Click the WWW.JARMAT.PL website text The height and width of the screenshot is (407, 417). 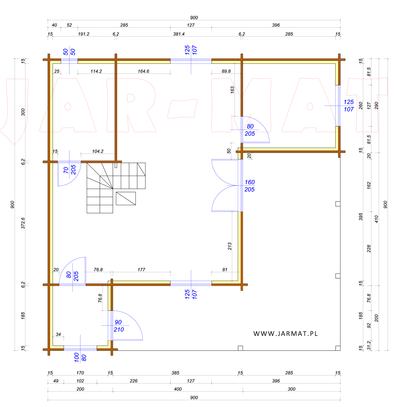[x=285, y=334]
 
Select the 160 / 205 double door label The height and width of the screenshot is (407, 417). [x=249, y=186]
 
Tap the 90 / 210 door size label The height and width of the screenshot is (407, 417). [x=118, y=326]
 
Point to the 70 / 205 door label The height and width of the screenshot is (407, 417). [x=70, y=170]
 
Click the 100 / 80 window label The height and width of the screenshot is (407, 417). [x=80, y=357]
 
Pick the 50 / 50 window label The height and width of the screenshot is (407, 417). [x=69, y=52]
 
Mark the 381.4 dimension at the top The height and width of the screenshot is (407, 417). [x=179, y=34]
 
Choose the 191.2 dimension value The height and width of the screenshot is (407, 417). [x=84, y=34]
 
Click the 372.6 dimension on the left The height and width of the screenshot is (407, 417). [x=23, y=223]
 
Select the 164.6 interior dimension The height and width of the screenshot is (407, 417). [x=143, y=71]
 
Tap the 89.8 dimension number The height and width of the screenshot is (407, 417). [x=226, y=71]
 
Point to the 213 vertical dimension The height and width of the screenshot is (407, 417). [x=229, y=246]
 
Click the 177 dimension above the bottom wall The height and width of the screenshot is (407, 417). [x=141, y=270]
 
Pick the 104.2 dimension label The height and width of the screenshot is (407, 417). [x=97, y=151]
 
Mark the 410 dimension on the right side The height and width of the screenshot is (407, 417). [x=376, y=219]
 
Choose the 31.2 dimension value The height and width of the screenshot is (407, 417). [x=369, y=345]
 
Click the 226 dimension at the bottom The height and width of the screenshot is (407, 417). [x=133, y=381]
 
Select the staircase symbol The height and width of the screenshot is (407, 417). [x=116, y=188]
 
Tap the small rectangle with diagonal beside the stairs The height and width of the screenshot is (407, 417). [x=126, y=198]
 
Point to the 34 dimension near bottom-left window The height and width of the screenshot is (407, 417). [x=58, y=334]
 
